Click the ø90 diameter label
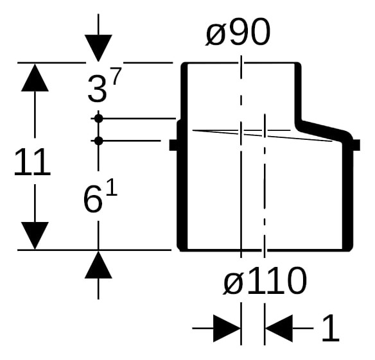pyautogui.click(x=238, y=31)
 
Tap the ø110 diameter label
pyautogui.click(x=265, y=280)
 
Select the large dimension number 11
pyautogui.click(x=32, y=162)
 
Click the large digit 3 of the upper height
pyautogui.click(x=97, y=89)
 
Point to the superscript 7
pyautogui.click(x=117, y=76)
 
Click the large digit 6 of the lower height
pyautogui.click(x=93, y=199)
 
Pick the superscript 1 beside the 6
pyautogui.click(x=112, y=187)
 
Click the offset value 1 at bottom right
pyautogui.click(x=330, y=328)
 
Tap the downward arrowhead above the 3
pyautogui.click(x=98, y=48)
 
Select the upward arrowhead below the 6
pyautogui.click(x=98, y=265)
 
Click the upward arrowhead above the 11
pyautogui.click(x=35, y=78)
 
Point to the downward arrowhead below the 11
pyautogui.click(x=35, y=236)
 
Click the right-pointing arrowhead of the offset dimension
pyautogui.click(x=227, y=328)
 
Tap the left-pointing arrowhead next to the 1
pyautogui.click(x=279, y=328)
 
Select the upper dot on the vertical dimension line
pyautogui.click(x=98, y=118)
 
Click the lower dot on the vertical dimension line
pyautogui.click(x=98, y=141)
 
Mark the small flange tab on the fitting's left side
pyautogui.click(x=173, y=145)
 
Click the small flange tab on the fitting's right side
pyautogui.click(x=356, y=145)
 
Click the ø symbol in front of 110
pyautogui.click(x=233, y=283)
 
